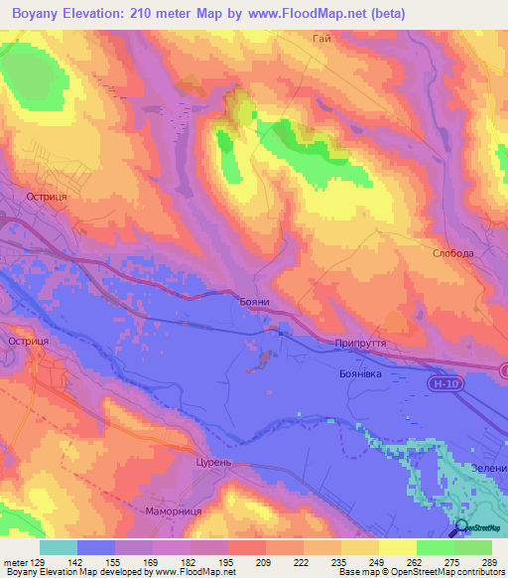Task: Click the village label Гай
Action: pyautogui.click(x=320, y=38)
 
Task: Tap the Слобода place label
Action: pyautogui.click(x=452, y=253)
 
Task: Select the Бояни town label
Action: pyautogui.click(x=255, y=302)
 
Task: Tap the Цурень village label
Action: pyautogui.click(x=213, y=463)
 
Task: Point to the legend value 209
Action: pyautogui.click(x=237, y=561)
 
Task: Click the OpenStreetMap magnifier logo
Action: pyautogui.click(x=461, y=529)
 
